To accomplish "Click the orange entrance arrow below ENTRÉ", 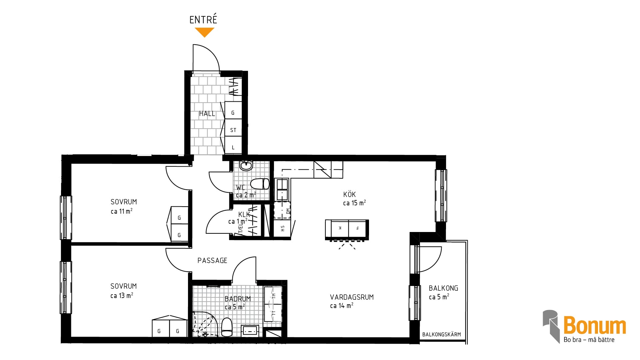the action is pyautogui.click(x=204, y=32).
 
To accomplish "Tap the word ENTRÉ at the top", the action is pyautogui.click(x=203, y=19).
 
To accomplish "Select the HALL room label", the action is pyautogui.click(x=207, y=114).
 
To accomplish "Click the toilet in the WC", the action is pyautogui.click(x=260, y=184).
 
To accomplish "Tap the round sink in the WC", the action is pyautogui.click(x=246, y=166).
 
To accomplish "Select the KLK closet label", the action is pyautogui.click(x=244, y=214).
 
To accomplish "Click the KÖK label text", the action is pyautogui.click(x=350, y=194).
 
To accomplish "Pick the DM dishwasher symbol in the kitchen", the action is pyautogui.click(x=282, y=210).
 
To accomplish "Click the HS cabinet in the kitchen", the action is pyautogui.click(x=282, y=228).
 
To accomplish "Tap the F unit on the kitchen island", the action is pyautogui.click(x=358, y=228).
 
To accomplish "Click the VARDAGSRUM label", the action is pyautogui.click(x=352, y=297).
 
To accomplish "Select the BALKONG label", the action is pyautogui.click(x=443, y=288).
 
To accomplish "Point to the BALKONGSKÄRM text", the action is pyautogui.click(x=442, y=334).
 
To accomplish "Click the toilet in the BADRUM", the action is pyautogui.click(x=227, y=327).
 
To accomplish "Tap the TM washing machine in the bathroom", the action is pyautogui.click(x=273, y=295).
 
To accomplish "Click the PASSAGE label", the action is pyautogui.click(x=212, y=260).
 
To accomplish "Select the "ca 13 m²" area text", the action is pyautogui.click(x=122, y=295).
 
